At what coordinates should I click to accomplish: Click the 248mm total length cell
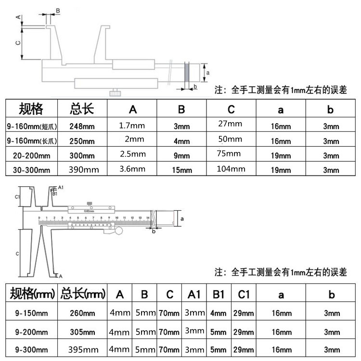(82, 127)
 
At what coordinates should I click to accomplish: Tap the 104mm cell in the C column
(231, 169)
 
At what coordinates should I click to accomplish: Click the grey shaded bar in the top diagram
(188, 74)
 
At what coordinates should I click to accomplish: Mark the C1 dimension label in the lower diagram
(16, 197)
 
